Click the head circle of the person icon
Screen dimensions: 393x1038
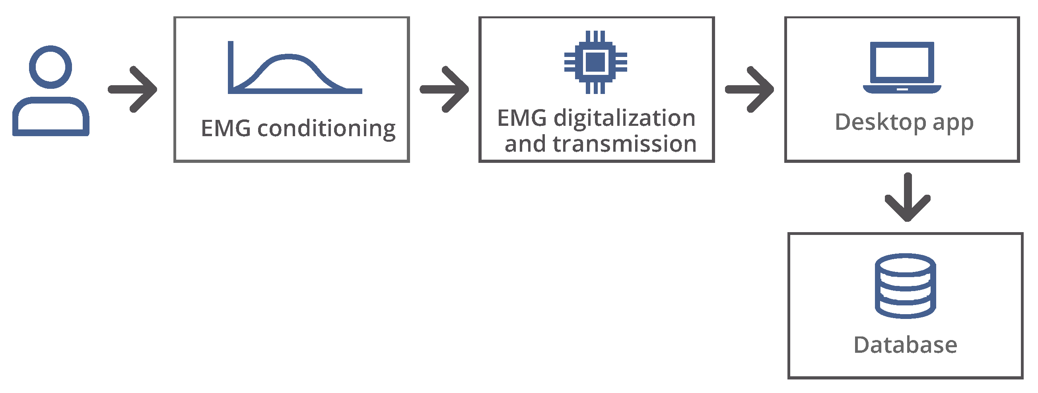point(51,67)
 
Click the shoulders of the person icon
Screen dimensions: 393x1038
point(51,117)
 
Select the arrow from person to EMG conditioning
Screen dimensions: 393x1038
point(133,89)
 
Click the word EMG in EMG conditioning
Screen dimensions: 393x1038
point(225,129)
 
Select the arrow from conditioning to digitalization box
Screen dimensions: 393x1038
point(445,89)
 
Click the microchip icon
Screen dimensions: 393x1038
point(595,62)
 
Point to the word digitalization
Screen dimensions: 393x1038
point(624,118)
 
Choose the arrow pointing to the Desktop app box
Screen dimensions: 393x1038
point(750,89)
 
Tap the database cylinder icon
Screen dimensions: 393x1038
point(905,286)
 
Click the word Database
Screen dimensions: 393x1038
point(905,345)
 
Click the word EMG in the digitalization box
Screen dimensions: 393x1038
point(522,118)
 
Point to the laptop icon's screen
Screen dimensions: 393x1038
point(902,63)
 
